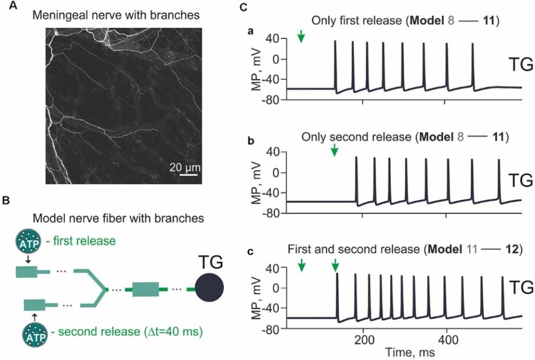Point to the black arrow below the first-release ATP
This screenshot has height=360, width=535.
pyautogui.click(x=28, y=260)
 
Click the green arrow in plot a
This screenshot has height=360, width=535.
pyautogui.click(x=301, y=37)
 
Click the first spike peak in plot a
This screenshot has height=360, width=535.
pyautogui.click(x=336, y=42)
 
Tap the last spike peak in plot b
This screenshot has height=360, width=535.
pyautogui.click(x=498, y=160)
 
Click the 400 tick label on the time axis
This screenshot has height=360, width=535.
pyautogui.click(x=447, y=339)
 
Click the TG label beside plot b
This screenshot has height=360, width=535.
pyautogui.click(x=519, y=180)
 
